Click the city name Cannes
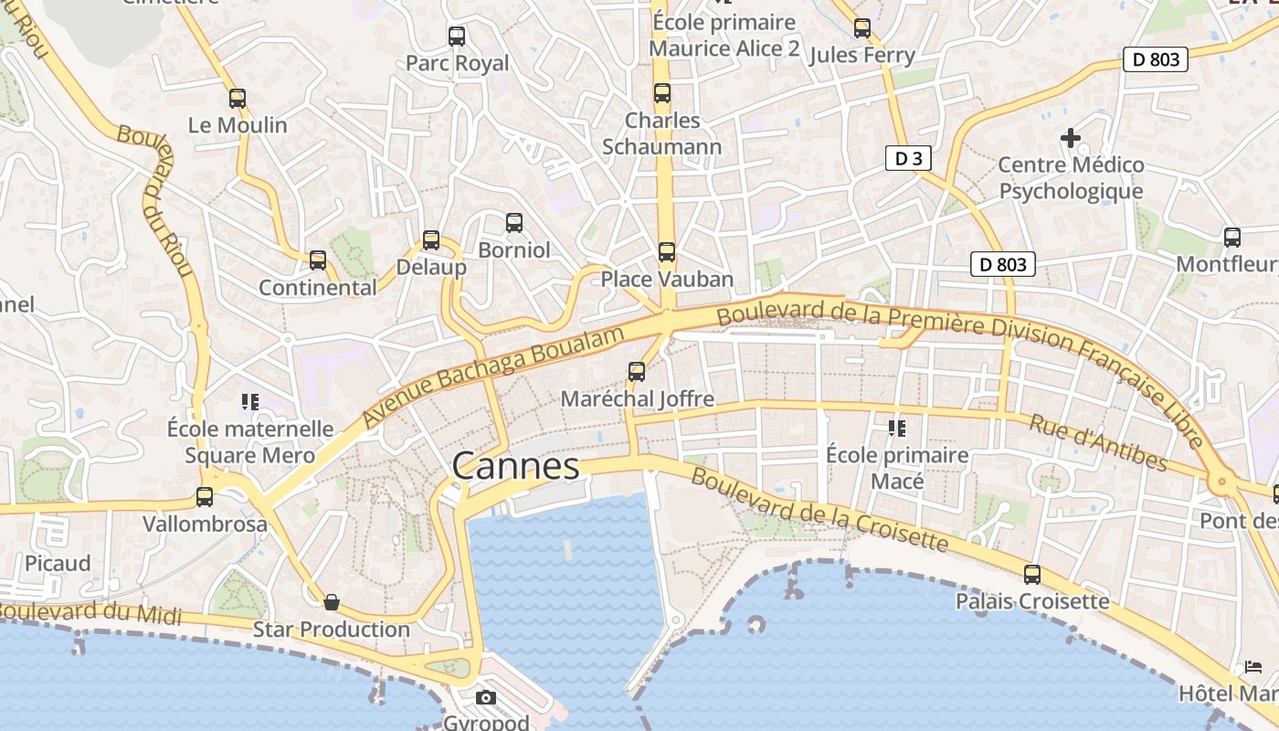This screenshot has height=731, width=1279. point(515,466)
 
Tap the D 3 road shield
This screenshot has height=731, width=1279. point(908,158)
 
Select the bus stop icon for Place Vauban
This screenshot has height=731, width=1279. point(667,252)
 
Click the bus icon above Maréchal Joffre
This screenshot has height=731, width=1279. point(637,372)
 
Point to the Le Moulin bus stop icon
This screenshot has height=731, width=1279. point(238,99)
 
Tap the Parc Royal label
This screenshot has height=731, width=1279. point(457,63)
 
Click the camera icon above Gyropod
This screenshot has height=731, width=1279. point(486,698)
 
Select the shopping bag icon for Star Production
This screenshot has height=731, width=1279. point(332,602)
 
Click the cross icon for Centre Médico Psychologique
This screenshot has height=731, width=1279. point(1070,139)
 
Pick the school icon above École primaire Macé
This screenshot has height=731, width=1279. point(896,428)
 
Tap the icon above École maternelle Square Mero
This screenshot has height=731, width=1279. point(250,401)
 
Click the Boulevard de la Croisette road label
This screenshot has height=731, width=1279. point(819,509)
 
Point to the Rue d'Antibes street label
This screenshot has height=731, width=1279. point(1098,442)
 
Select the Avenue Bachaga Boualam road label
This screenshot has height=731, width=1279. point(493,376)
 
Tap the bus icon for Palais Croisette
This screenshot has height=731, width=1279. point(1032,575)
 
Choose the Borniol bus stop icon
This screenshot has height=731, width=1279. point(514,223)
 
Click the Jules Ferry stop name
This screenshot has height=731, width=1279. point(862,56)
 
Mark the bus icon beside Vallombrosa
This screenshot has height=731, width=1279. point(205,497)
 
